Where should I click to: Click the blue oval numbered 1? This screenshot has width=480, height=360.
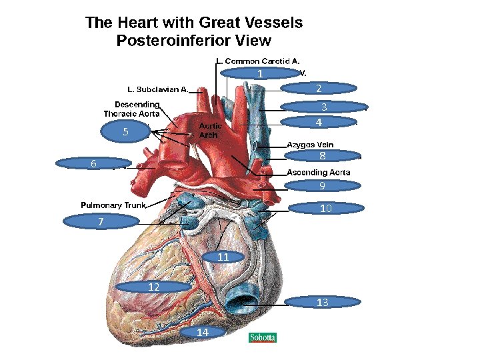click(260, 73)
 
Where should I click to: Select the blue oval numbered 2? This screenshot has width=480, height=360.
click(319, 88)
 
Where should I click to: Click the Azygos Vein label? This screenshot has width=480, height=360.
click(310, 145)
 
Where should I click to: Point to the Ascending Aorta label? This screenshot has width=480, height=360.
click(318, 172)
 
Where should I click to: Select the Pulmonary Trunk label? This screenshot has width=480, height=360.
click(113, 205)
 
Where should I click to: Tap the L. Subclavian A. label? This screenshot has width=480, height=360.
click(158, 89)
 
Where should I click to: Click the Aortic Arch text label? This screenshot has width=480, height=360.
click(211, 130)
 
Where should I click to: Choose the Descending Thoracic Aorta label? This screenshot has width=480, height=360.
click(132, 109)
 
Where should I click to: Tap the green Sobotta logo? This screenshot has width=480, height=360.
click(263, 337)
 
